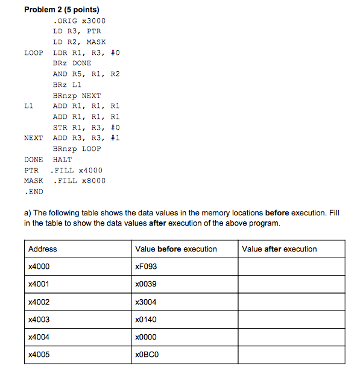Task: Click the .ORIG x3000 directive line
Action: (x=78, y=21)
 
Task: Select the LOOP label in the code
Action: (x=34, y=52)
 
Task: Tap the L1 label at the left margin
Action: (x=28, y=106)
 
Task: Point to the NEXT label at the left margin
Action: (x=34, y=138)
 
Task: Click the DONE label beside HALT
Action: (x=34, y=159)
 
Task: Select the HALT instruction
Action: (x=62, y=159)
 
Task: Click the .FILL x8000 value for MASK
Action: (x=79, y=180)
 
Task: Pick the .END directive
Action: (x=34, y=191)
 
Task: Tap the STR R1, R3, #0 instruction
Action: (x=86, y=127)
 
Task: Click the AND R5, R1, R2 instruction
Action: (x=86, y=74)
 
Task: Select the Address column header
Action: (x=42, y=248)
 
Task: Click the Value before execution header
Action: (x=176, y=248)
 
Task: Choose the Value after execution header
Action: (x=279, y=248)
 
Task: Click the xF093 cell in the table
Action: (x=147, y=267)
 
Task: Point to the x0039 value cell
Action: (x=146, y=284)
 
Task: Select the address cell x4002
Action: (x=39, y=302)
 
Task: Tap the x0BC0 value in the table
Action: (x=147, y=355)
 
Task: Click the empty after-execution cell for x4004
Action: (x=292, y=337)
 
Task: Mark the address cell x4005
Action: (x=39, y=355)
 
